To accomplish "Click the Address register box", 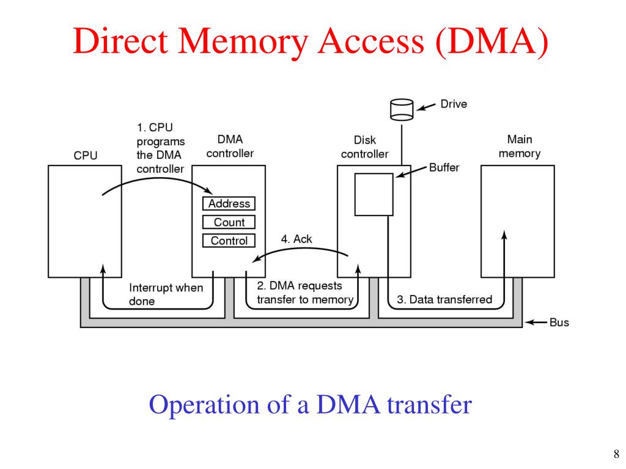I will click(x=229, y=204).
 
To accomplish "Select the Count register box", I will click(x=229, y=222).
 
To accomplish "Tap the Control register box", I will click(x=229, y=241).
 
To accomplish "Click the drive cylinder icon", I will click(x=402, y=110).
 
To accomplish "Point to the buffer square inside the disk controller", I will click(x=374, y=194).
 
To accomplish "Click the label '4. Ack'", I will click(x=296, y=239).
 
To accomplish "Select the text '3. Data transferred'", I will click(x=444, y=300).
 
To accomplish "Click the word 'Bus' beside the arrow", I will click(x=559, y=322).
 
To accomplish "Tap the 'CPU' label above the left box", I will click(x=86, y=155).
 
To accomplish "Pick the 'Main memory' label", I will click(x=520, y=147).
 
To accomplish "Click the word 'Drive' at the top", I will click(x=454, y=104).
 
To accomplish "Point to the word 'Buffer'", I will click(x=444, y=167).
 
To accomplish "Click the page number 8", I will click(x=616, y=454).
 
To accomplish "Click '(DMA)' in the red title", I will click(x=492, y=42).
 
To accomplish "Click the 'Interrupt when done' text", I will click(x=166, y=294).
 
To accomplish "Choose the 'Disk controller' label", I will click(x=364, y=147).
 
